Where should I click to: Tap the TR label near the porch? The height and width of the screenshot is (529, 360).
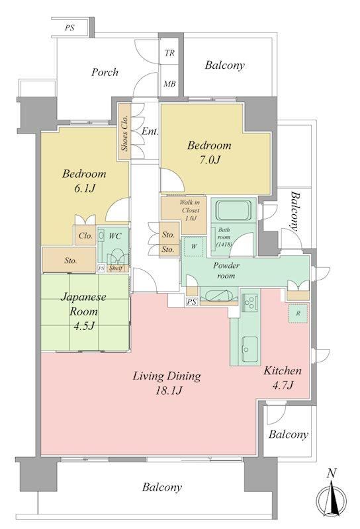click(170, 53)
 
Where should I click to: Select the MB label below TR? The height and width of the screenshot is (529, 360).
click(170, 84)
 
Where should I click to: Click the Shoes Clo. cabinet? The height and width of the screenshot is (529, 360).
click(124, 131)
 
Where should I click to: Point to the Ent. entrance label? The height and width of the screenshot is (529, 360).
click(150, 131)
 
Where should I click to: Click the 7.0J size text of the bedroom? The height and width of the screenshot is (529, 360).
click(208, 159)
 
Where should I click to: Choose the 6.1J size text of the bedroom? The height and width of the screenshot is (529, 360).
click(85, 188)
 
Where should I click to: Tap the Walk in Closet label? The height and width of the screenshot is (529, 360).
click(189, 210)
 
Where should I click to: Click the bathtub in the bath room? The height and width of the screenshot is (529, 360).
click(234, 210)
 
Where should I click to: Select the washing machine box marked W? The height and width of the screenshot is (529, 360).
click(194, 246)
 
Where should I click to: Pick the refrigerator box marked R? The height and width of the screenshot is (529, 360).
click(298, 313)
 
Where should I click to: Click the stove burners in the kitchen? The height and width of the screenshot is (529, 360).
click(249, 303)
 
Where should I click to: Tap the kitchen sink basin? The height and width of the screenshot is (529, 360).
click(249, 350)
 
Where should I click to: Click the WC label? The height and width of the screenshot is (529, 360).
click(115, 236)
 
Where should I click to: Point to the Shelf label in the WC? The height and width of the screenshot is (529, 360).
click(116, 269)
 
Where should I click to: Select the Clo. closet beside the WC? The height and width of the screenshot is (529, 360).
click(85, 235)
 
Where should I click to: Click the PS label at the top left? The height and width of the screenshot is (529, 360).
click(69, 27)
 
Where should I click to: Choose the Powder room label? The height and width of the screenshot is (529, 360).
click(226, 270)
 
